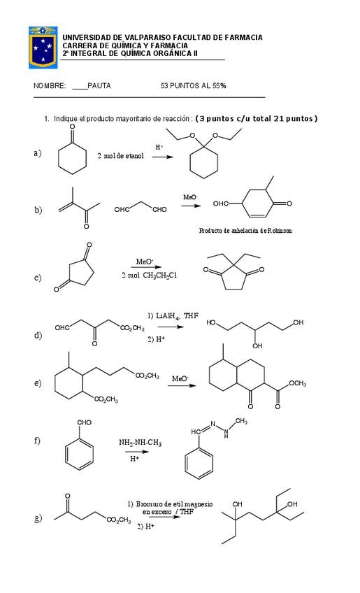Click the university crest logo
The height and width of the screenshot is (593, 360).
43,48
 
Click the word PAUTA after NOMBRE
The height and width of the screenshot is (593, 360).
99,86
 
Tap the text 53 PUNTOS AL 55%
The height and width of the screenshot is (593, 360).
193,86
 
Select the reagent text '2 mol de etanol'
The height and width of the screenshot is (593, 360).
121,156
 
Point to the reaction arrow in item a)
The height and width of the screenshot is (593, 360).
162,157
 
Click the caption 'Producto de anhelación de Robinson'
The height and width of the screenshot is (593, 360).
245,230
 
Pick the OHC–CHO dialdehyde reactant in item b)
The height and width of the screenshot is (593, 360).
141,207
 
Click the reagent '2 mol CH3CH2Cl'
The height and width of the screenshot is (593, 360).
149,276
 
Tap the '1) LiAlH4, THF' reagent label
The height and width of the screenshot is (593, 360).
173,316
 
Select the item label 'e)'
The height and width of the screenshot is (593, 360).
38,383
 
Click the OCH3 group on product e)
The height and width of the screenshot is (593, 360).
298,383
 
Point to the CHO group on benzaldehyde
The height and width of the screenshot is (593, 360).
84,422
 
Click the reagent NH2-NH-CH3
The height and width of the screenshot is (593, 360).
140,443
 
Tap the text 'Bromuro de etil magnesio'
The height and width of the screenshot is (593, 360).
174,504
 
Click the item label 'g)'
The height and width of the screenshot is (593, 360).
38,518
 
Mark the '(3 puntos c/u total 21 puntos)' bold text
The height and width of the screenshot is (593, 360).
257,118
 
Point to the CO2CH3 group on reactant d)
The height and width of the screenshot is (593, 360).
132,328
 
